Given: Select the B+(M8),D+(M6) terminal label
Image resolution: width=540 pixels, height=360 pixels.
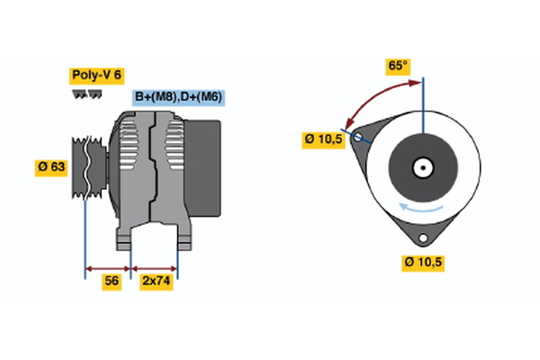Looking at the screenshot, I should pyautogui.click(x=179, y=97).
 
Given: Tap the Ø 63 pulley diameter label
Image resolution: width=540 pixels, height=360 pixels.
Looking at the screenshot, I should pyautogui.click(x=50, y=166).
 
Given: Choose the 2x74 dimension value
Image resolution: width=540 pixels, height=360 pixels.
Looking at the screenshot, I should pyautogui.click(x=156, y=281).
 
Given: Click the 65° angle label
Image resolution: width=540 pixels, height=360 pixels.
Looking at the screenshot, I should pyautogui.click(x=398, y=66).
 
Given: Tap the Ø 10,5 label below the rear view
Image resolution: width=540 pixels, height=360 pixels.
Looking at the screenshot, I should pyautogui.click(x=423, y=262).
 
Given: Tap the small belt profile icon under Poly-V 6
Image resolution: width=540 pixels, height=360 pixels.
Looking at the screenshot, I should pyautogui.click(x=82, y=94).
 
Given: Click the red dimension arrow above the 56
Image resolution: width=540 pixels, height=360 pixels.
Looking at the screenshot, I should pyautogui.click(x=108, y=267).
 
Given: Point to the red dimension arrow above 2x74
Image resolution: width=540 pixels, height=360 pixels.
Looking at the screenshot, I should pyautogui.click(x=155, y=267).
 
